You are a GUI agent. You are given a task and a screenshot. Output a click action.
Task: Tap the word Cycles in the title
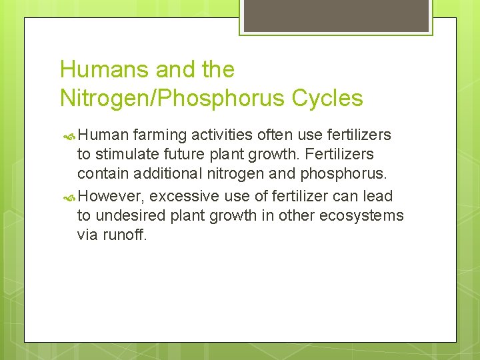(327, 98)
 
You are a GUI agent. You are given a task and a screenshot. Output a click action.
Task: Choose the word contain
(101, 175)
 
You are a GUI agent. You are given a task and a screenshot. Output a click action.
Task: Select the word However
(111, 196)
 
